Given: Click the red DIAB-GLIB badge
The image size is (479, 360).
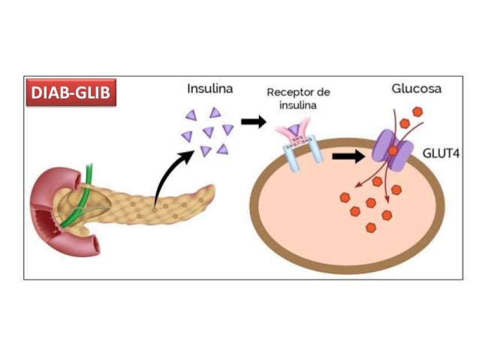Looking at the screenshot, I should (73, 93).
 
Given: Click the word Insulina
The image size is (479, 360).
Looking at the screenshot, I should (209, 89).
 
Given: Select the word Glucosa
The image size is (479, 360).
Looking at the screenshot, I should (416, 89).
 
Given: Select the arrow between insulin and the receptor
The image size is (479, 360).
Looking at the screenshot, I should (252, 121).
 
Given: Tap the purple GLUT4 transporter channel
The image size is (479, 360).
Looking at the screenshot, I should (393, 154).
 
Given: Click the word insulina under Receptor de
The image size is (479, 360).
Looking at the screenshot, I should (295, 105).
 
